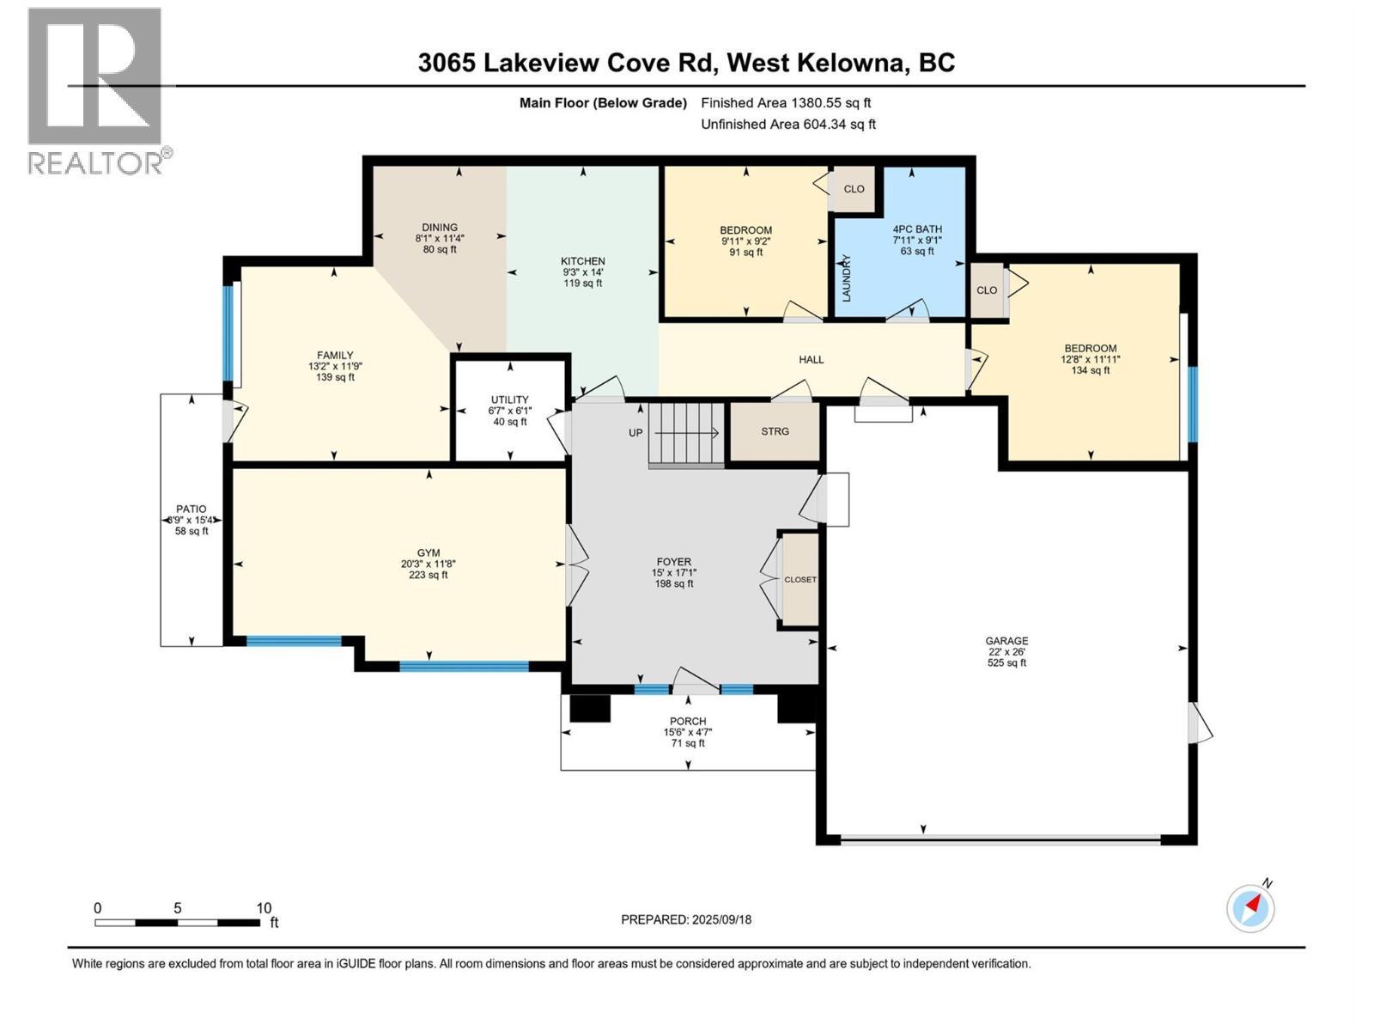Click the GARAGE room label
click(x=1006, y=641)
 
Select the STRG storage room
click(x=775, y=431)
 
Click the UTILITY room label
click(x=509, y=400)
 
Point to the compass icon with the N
click(x=1250, y=907)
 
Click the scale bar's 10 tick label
click(x=264, y=908)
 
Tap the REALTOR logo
click(x=95, y=90)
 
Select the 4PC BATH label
click(x=917, y=229)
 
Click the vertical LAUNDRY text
click(x=846, y=278)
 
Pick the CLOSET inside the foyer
click(x=800, y=580)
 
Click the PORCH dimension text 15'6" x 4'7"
click(x=688, y=733)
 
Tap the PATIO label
click(x=191, y=509)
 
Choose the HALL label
click(x=811, y=359)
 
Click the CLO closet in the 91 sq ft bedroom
click(x=854, y=189)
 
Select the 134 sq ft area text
click(x=1091, y=370)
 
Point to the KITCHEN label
click(x=583, y=261)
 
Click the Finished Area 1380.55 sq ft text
click(x=786, y=102)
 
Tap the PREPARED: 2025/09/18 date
click(x=686, y=919)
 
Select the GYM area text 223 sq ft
click(x=429, y=575)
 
